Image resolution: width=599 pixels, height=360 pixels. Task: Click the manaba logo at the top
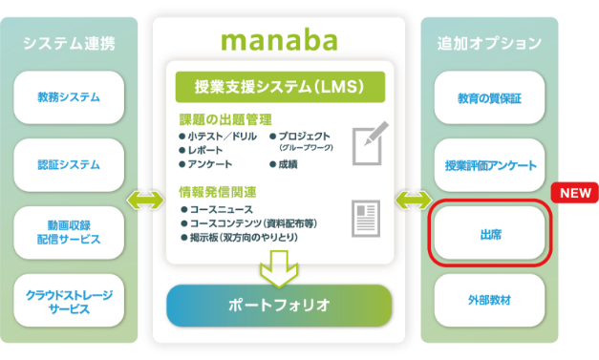[x=279, y=40]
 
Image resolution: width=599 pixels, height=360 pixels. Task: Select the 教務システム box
[x=69, y=96]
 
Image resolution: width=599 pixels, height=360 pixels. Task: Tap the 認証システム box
[x=69, y=164]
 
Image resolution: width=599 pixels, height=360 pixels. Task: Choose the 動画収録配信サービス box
[x=69, y=232]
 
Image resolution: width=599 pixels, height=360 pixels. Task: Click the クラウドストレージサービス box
[x=69, y=301]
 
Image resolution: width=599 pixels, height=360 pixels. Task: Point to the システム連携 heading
[x=69, y=43]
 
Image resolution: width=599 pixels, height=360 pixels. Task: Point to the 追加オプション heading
[x=489, y=43]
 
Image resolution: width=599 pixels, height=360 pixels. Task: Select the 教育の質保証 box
[x=490, y=96]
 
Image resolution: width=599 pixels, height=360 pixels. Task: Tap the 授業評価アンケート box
[x=490, y=164]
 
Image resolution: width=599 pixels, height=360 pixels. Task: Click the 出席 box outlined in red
[x=490, y=232]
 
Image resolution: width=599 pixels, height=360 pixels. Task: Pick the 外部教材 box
[x=490, y=301]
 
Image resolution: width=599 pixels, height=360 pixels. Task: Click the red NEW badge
[x=574, y=192]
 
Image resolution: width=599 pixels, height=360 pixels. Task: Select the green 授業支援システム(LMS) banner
[x=280, y=87]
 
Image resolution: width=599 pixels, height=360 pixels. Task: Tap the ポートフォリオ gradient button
[x=279, y=306]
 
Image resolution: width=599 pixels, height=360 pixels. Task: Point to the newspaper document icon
[x=366, y=218]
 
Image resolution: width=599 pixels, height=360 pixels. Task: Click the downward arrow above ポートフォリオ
[x=280, y=266]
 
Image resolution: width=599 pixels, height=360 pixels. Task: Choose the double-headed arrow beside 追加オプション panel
[x=414, y=201]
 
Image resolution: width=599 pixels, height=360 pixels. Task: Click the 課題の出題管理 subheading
[x=225, y=119]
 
